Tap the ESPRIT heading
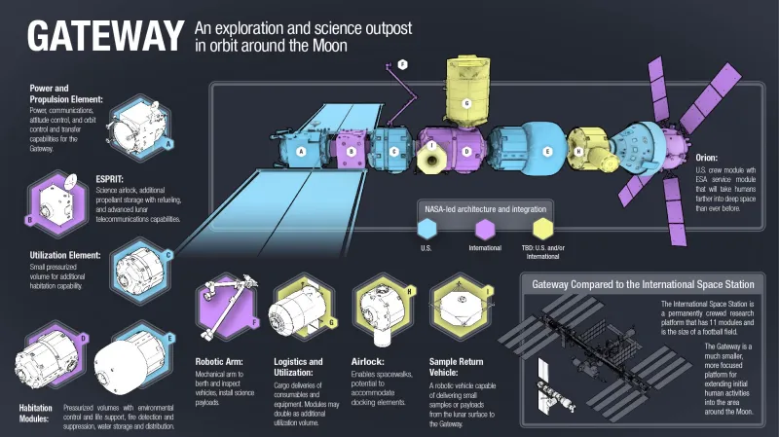(x=112, y=179)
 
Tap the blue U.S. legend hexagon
(x=425, y=230)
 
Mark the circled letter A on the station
(x=301, y=152)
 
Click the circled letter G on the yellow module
(x=466, y=102)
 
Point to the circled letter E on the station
(x=547, y=152)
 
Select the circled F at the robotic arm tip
(x=403, y=63)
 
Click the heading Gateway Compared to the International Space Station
(x=643, y=285)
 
